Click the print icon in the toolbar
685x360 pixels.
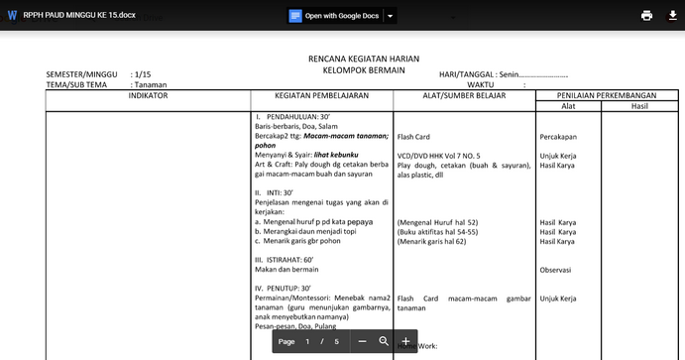[x=646, y=15]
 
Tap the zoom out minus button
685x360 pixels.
[x=362, y=341]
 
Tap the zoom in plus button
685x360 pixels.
[x=405, y=341]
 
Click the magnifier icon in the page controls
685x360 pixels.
[x=384, y=341]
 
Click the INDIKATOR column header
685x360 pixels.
[x=148, y=95]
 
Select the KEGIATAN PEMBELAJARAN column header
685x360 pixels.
[x=321, y=95]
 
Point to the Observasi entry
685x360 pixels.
[x=556, y=269]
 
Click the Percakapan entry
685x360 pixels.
[x=558, y=137]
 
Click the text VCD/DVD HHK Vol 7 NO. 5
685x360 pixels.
[x=439, y=156]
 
